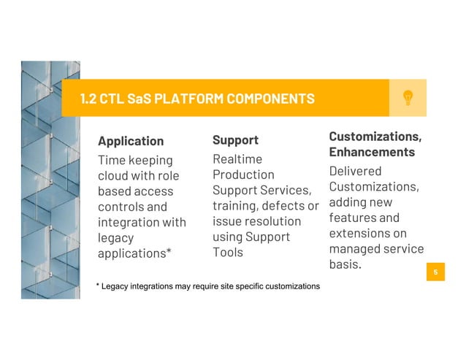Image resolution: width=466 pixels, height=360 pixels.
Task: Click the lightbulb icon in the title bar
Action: pyautogui.click(x=408, y=98)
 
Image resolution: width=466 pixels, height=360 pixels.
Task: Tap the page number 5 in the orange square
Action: pyautogui.click(x=435, y=272)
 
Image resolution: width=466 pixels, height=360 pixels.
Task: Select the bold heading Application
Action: pyautogui.click(x=131, y=141)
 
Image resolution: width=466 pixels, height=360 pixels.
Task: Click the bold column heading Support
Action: pyautogui.click(x=235, y=139)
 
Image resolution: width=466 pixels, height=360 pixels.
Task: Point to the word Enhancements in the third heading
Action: pyautogui.click(x=372, y=152)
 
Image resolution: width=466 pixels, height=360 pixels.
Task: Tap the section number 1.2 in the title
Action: pyautogui.click(x=90, y=98)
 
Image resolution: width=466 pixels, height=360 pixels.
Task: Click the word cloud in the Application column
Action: pyautogui.click(x=115, y=176)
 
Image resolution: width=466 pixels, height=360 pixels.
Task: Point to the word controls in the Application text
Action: pyautogui.click(x=122, y=207)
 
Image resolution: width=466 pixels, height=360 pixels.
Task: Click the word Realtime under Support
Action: pyautogui.click(x=237, y=158)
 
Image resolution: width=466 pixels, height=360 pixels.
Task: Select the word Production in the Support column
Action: pyautogui.click(x=243, y=175)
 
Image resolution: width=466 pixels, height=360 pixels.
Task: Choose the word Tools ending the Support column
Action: pyautogui.click(x=227, y=252)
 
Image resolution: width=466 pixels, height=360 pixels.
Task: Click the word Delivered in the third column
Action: pyautogui.click(x=355, y=171)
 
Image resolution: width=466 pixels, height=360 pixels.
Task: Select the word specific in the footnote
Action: pyautogui.click(x=237, y=286)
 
